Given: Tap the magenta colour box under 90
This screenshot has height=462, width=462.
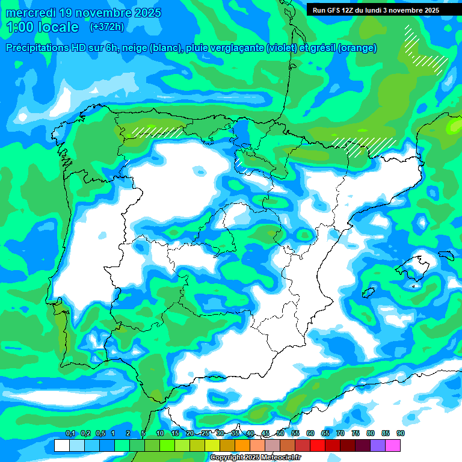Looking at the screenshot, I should (x=393, y=445).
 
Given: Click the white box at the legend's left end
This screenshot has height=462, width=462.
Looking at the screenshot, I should (x=61, y=445).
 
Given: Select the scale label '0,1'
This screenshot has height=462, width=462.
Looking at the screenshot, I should (x=70, y=434).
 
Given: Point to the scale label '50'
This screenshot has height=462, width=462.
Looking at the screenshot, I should (x=280, y=434).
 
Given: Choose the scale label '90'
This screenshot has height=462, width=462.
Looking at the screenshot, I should (x=401, y=434).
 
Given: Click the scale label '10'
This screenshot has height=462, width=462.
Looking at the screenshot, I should (x=159, y=434).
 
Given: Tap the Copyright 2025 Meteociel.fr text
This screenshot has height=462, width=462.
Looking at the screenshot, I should (x=256, y=458).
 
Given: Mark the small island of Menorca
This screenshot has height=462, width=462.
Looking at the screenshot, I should (x=446, y=255).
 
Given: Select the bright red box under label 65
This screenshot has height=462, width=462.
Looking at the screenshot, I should (x=318, y=445).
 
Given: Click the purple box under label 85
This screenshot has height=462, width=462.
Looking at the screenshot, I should (x=378, y=445).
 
